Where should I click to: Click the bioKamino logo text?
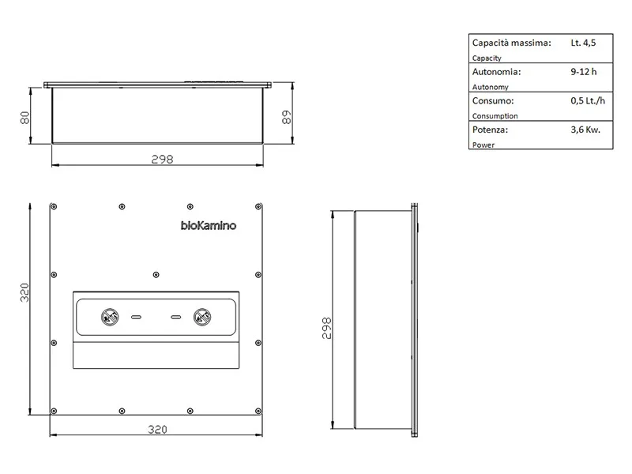(x=209, y=226)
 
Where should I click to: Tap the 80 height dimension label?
(x=24, y=118)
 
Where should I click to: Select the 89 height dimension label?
(x=286, y=117)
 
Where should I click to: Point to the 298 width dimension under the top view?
(x=162, y=160)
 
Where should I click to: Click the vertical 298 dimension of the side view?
(x=326, y=328)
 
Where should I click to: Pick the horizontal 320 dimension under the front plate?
(x=157, y=430)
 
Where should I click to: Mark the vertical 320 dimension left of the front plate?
(x=24, y=292)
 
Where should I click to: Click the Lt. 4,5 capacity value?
(x=583, y=43)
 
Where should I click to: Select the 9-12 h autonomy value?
(x=583, y=72)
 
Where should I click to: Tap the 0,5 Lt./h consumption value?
(x=588, y=101)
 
